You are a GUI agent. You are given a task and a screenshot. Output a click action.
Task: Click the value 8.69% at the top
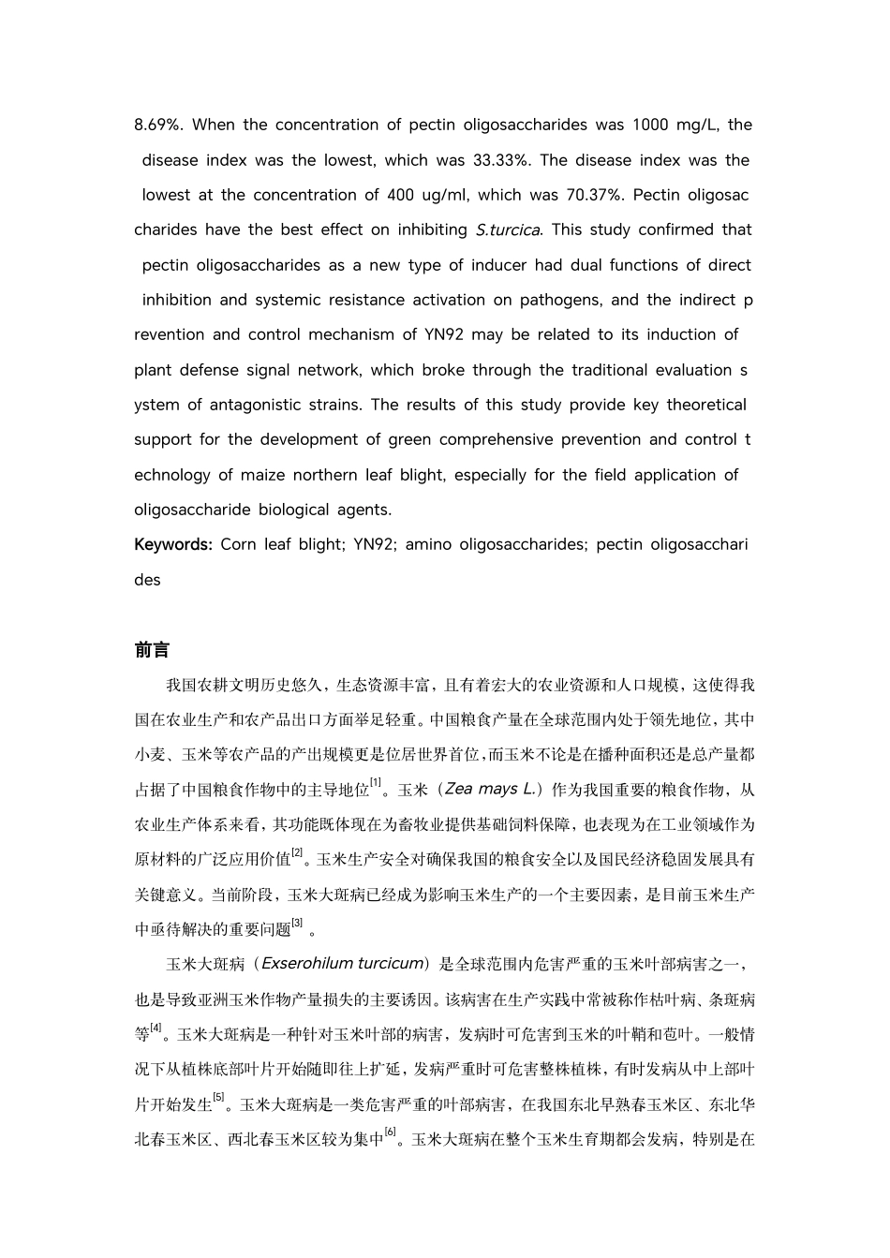click(158, 125)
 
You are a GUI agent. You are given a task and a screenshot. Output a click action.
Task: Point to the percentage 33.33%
click(501, 160)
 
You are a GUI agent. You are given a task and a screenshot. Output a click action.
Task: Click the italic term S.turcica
click(509, 230)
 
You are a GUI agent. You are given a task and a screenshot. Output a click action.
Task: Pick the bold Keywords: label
click(173, 544)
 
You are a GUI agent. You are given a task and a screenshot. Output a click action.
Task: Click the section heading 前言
click(151, 650)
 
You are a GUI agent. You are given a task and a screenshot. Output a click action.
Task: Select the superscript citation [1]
click(376, 783)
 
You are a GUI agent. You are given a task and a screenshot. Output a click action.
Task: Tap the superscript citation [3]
click(297, 923)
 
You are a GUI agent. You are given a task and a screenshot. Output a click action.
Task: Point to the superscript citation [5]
click(218, 1098)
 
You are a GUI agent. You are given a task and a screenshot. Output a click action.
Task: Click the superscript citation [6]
click(391, 1132)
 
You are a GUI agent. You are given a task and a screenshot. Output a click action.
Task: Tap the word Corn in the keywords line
click(238, 544)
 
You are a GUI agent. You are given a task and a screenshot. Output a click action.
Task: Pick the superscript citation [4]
click(156, 1028)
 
